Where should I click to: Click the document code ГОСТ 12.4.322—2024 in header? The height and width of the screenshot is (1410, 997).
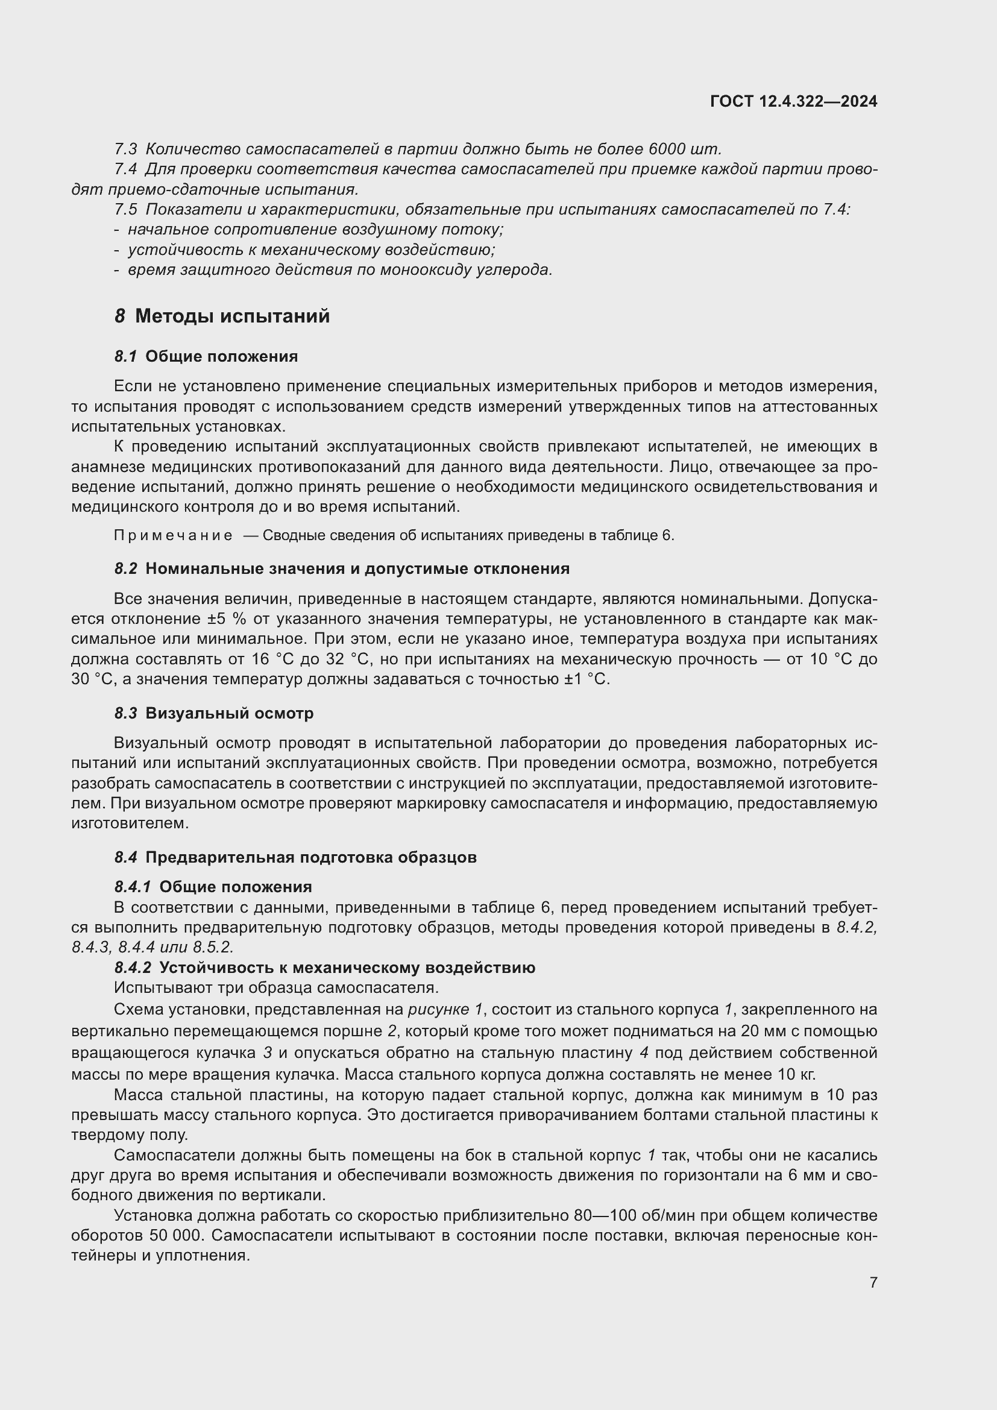click(x=793, y=101)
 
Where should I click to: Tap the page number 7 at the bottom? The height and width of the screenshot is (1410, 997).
click(x=873, y=1282)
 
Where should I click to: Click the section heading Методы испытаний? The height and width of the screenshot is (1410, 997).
click(x=232, y=316)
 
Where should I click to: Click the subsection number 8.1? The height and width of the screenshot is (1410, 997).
click(x=125, y=357)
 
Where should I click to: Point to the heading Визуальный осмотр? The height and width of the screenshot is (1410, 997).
click(x=229, y=714)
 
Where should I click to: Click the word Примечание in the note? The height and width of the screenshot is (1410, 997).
click(x=173, y=535)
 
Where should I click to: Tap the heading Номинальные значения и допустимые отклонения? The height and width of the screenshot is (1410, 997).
click(x=357, y=568)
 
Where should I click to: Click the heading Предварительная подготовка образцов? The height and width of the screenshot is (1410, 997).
click(x=310, y=857)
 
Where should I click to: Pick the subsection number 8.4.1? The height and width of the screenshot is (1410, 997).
click(x=132, y=887)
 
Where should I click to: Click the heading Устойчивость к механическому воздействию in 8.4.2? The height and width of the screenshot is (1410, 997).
click(x=347, y=968)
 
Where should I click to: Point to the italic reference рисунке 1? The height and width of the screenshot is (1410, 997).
click(x=445, y=1010)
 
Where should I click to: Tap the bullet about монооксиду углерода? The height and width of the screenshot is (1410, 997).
click(x=339, y=269)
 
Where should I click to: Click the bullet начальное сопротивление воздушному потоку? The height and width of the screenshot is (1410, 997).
click(x=315, y=230)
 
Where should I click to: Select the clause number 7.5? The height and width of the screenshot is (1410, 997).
click(x=125, y=209)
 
